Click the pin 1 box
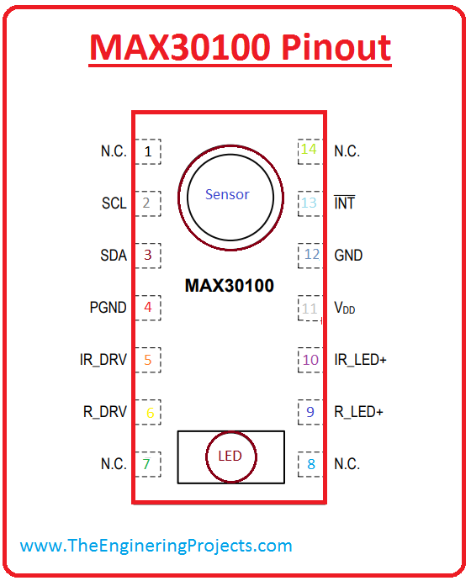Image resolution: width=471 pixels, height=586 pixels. (x=148, y=151)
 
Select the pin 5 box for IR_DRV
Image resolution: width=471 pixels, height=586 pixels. (x=148, y=360)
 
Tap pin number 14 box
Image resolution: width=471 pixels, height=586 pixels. (x=310, y=151)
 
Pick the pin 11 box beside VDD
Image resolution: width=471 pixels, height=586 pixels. (x=310, y=309)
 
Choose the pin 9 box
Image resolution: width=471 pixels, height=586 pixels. (x=310, y=412)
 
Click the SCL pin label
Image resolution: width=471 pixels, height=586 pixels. (x=114, y=203)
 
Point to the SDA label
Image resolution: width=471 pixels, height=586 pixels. (x=114, y=256)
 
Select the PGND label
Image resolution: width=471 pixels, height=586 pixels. (x=108, y=308)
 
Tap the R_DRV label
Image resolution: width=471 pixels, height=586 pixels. (x=104, y=412)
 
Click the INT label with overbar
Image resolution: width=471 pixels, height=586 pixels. (x=344, y=203)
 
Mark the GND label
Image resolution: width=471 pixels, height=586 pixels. (x=348, y=256)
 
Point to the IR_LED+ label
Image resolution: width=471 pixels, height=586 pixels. (x=360, y=360)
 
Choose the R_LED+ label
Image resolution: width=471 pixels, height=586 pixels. (x=358, y=412)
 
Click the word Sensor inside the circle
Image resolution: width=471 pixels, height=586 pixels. (x=227, y=194)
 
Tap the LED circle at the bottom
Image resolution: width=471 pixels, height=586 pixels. (x=230, y=457)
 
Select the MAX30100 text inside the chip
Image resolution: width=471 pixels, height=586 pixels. (x=229, y=286)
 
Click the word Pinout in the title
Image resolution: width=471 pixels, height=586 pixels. (x=337, y=48)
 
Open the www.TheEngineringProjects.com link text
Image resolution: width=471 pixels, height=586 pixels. (x=156, y=546)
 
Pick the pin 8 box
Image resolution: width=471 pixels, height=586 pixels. (x=310, y=464)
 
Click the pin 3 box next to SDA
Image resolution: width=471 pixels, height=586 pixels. (x=148, y=256)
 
